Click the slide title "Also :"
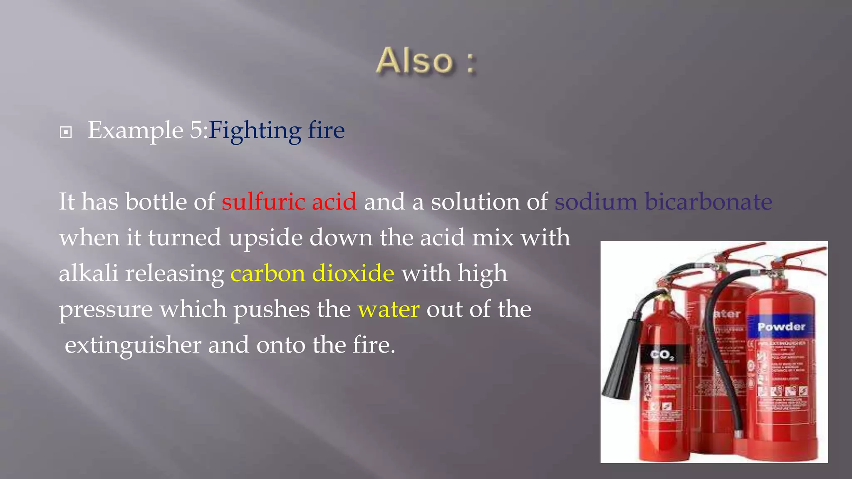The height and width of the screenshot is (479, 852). pyautogui.click(x=426, y=61)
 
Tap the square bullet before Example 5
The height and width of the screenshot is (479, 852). pyautogui.click(x=66, y=133)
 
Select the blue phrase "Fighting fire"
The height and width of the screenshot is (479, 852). pyautogui.click(x=277, y=131)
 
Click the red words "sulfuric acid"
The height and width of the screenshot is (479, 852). pyautogui.click(x=289, y=202)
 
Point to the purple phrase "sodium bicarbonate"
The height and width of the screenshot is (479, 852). pyautogui.click(x=663, y=202)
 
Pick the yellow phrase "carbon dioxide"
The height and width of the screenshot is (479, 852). pyautogui.click(x=312, y=274)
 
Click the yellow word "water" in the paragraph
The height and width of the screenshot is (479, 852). pyautogui.click(x=389, y=309)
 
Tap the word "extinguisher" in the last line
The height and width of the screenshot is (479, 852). pyautogui.click(x=133, y=345)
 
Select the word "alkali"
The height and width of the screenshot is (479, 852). pyautogui.click(x=89, y=274)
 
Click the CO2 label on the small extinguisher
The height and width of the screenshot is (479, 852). pyautogui.click(x=662, y=355)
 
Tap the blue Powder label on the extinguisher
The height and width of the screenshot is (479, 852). pyautogui.click(x=781, y=327)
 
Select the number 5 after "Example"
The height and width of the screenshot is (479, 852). pyautogui.click(x=196, y=131)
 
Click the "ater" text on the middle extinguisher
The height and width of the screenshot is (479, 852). pyautogui.click(x=727, y=314)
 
